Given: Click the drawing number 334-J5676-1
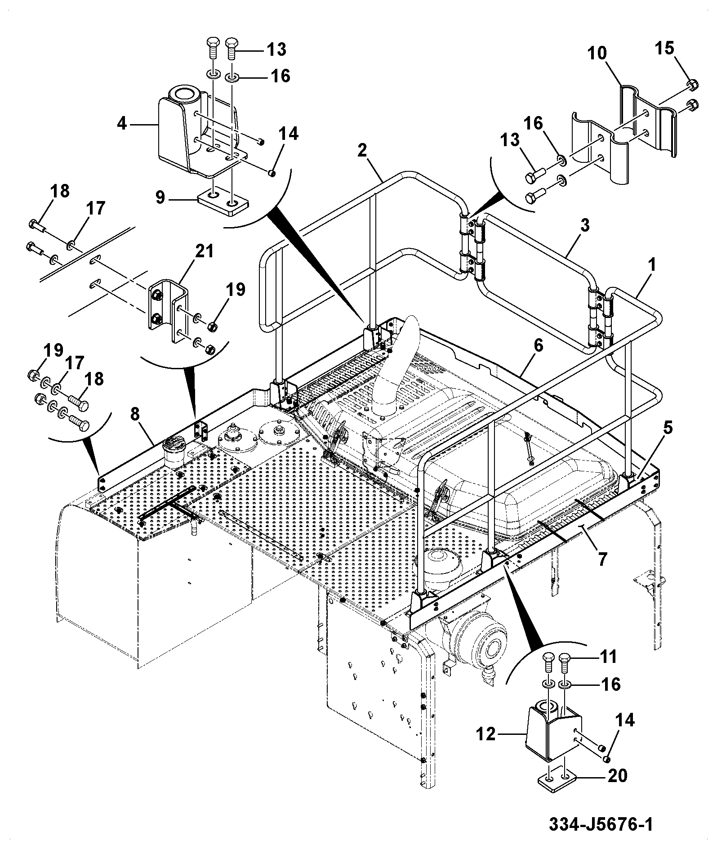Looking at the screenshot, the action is (601, 824).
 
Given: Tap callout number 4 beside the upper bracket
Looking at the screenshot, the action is (122, 123).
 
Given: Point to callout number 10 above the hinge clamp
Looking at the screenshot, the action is (597, 54).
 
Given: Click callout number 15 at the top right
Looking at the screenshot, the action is (664, 48).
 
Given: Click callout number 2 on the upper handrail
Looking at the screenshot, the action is (362, 151).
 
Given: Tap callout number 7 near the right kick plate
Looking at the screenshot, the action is (602, 559).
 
